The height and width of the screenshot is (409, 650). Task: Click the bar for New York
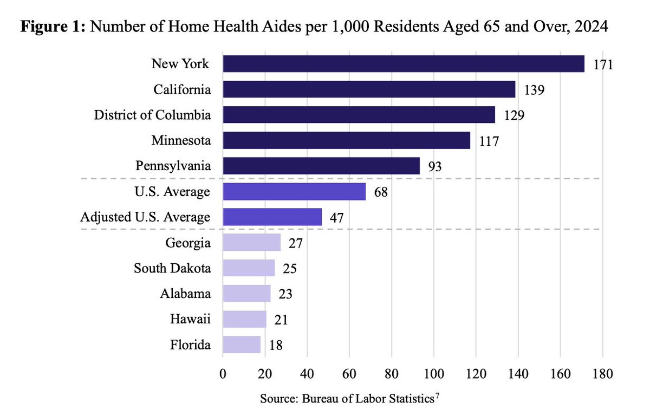[x=404, y=64]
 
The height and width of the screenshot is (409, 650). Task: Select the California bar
[x=369, y=89]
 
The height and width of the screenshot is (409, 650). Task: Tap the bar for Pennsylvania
[x=321, y=166]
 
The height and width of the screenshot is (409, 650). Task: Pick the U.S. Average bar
[x=294, y=192]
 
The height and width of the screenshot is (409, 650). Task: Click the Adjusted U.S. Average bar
[x=272, y=217]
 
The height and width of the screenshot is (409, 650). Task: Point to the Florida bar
[x=242, y=345]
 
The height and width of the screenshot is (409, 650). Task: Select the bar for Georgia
[x=251, y=243]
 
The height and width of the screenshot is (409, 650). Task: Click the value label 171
[x=602, y=65]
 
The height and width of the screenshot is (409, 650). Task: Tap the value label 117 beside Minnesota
[x=488, y=141]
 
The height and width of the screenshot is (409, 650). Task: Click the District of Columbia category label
[x=152, y=115]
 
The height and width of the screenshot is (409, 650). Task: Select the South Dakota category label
[x=172, y=268]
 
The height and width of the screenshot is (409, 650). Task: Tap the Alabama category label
[x=185, y=294]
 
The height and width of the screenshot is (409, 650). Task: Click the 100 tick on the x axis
[x=433, y=374]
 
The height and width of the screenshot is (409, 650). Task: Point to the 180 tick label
[x=602, y=374]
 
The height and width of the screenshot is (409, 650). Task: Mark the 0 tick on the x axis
[x=223, y=374]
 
